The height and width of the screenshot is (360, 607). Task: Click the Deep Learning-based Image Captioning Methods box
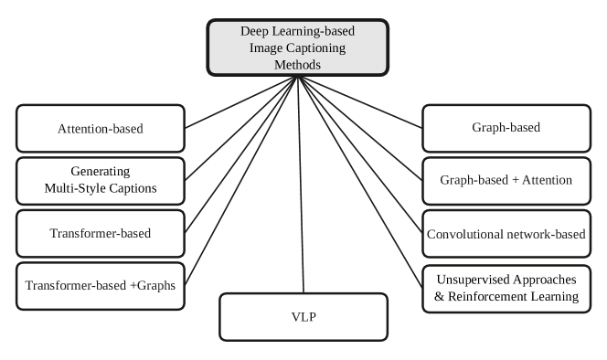click(x=298, y=48)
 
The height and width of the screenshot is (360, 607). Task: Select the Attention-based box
click(x=101, y=128)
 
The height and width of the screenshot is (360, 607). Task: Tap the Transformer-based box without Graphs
click(x=101, y=233)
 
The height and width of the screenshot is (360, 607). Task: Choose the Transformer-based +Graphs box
click(x=101, y=285)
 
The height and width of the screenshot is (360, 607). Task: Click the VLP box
click(x=303, y=317)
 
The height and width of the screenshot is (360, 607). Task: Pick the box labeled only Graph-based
click(x=506, y=128)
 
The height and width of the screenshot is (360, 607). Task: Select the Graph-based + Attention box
click(x=506, y=180)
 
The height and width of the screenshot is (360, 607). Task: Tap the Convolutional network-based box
click(x=506, y=234)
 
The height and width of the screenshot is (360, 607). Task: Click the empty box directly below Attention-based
click(x=101, y=180)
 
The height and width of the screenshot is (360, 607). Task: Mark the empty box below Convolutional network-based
click(x=506, y=287)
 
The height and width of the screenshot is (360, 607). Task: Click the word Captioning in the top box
click(x=324, y=48)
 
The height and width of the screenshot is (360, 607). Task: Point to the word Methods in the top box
click(x=298, y=65)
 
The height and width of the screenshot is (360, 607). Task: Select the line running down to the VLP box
click(x=300, y=183)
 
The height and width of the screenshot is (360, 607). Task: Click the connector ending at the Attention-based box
click(x=238, y=101)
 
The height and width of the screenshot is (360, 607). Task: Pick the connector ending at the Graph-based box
click(x=361, y=102)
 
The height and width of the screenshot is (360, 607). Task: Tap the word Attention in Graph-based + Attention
click(x=548, y=180)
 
